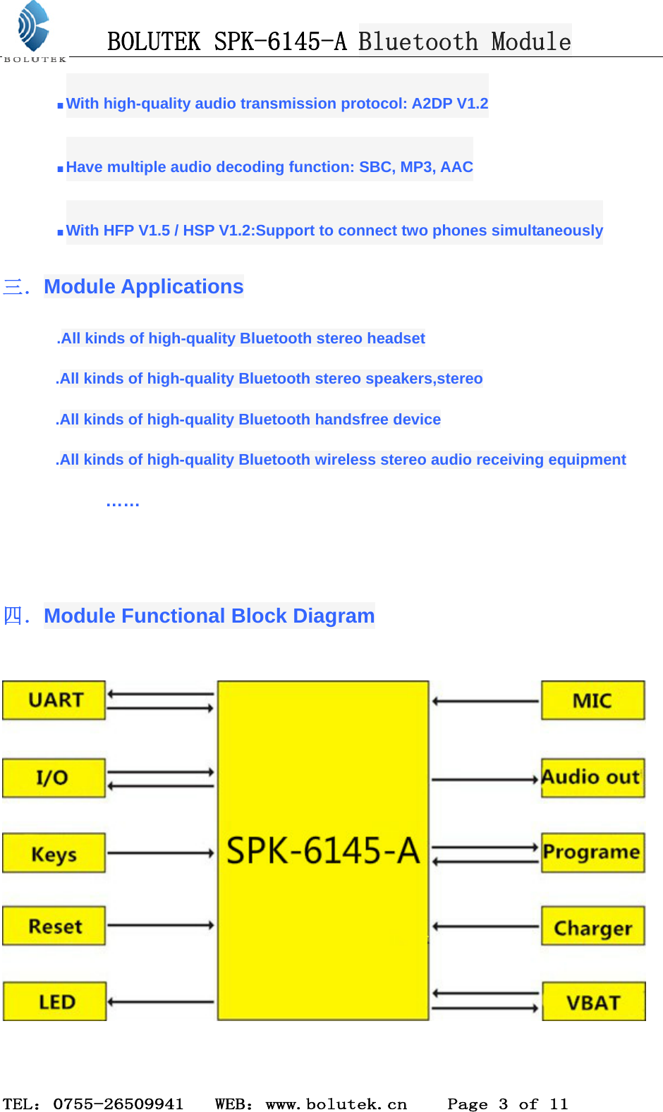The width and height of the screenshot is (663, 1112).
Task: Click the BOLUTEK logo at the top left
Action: (33, 31)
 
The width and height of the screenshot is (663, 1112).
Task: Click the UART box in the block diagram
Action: (54, 700)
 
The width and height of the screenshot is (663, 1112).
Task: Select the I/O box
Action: (54, 778)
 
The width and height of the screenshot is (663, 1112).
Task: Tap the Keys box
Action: (54, 853)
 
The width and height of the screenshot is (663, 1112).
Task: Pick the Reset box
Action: (54, 926)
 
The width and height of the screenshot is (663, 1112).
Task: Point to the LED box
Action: (55, 1001)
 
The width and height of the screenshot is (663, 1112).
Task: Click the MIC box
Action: (592, 700)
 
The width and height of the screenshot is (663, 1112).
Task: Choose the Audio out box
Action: (592, 778)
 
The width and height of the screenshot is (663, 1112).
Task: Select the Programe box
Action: (592, 853)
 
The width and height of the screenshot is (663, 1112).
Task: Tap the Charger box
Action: (592, 927)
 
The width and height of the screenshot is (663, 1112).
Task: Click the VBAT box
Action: (593, 1001)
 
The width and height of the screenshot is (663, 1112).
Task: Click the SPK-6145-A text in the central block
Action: (323, 850)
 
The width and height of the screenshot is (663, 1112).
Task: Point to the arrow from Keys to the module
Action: (160, 853)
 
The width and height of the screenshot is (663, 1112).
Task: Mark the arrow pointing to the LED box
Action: (160, 1001)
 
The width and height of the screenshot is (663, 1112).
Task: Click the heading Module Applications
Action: (143, 286)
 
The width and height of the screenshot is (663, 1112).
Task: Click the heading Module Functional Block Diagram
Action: (209, 616)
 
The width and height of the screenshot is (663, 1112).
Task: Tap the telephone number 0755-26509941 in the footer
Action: (118, 1104)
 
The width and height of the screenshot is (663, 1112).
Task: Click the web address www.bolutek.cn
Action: (336, 1104)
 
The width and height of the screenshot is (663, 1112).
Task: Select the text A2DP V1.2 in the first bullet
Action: (450, 104)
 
